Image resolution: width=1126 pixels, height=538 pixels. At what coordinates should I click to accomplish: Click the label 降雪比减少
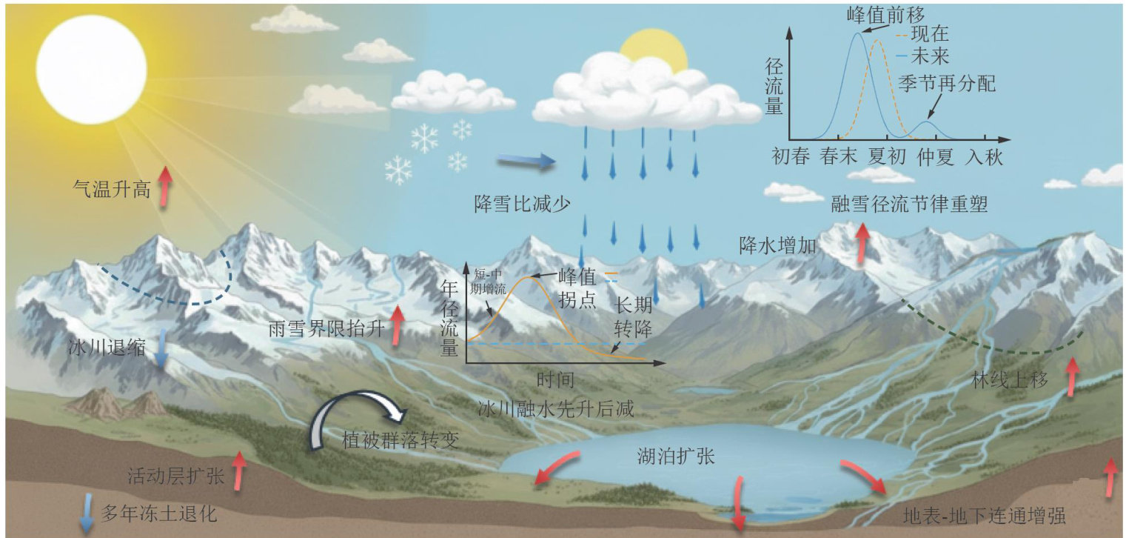[x=523, y=203]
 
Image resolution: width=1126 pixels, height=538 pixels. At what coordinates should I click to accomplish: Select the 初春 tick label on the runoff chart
[x=790, y=157]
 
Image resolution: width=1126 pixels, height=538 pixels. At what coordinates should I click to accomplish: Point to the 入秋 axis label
[x=984, y=157]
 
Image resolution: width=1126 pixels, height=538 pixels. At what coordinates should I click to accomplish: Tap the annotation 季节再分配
[x=946, y=83]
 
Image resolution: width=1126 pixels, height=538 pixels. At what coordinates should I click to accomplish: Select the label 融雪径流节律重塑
[x=909, y=205]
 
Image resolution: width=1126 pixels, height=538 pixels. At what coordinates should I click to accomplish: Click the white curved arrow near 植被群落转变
[x=348, y=419]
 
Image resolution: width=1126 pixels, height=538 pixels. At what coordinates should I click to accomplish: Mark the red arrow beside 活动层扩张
[x=238, y=471]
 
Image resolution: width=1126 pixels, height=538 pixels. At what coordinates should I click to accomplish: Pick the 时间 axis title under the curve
[x=555, y=380]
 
